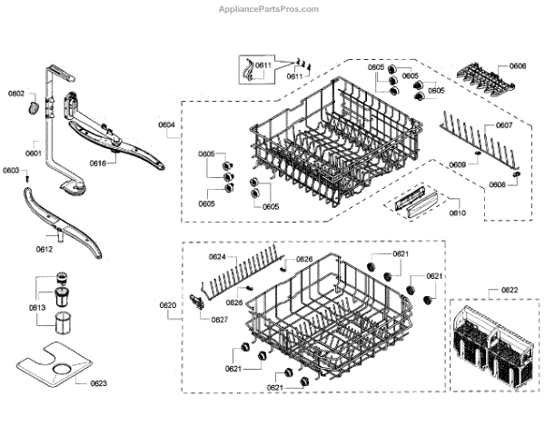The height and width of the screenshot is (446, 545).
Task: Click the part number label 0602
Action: coord(17,94)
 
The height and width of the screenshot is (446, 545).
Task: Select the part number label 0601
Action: coord(34,153)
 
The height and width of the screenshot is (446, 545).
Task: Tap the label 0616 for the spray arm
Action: coord(98,164)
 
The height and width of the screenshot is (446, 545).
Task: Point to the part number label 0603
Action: coord(11,171)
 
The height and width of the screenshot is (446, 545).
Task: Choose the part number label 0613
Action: coord(35,309)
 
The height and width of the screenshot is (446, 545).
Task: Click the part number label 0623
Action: coord(98,383)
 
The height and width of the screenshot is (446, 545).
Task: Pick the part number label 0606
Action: coord(518,66)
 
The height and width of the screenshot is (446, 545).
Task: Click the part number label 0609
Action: coord(457,164)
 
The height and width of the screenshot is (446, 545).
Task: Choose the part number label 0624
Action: coord(217,257)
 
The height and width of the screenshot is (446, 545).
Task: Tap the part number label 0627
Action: coord(220,319)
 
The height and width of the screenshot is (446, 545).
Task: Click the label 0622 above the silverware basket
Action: coord(510,292)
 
